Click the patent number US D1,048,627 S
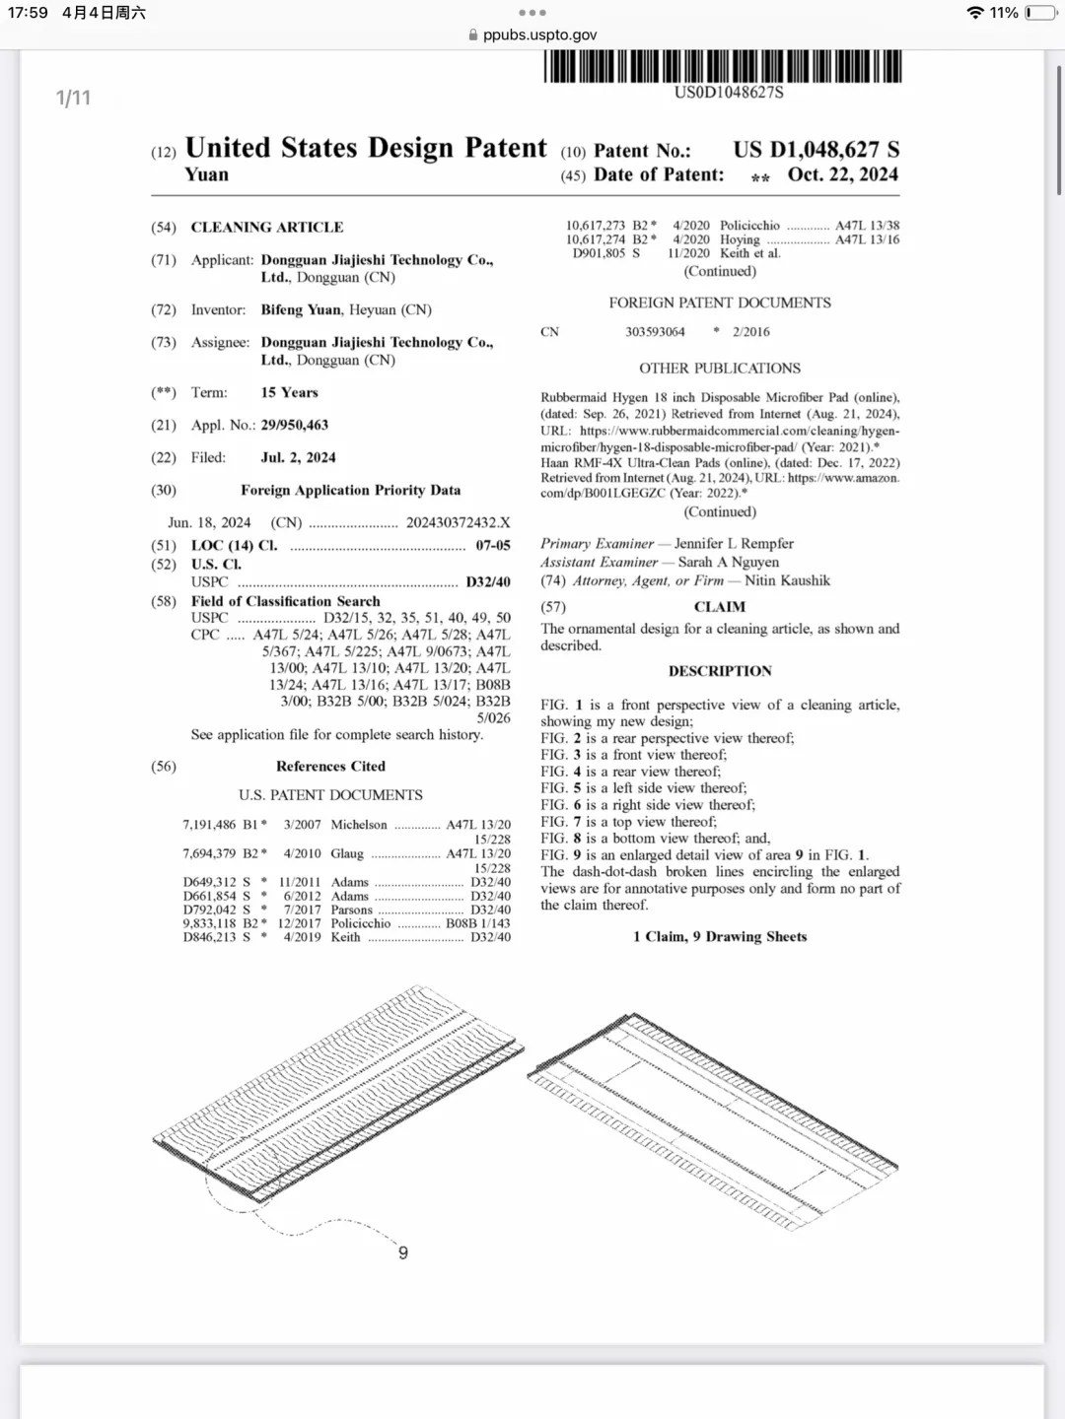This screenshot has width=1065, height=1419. click(816, 150)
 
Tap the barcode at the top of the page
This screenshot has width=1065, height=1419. click(723, 66)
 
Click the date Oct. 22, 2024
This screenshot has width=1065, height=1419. click(842, 174)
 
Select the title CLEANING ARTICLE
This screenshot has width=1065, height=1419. click(267, 227)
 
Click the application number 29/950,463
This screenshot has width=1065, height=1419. click(295, 425)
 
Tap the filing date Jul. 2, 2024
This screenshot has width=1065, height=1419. click(298, 457)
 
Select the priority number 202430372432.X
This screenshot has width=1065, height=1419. click(458, 522)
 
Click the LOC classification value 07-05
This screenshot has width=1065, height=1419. click(493, 545)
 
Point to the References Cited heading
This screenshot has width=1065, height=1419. click(330, 766)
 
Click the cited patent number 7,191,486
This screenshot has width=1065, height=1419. click(209, 825)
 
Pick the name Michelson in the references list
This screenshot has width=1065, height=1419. click(359, 825)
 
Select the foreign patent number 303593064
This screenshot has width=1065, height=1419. click(655, 332)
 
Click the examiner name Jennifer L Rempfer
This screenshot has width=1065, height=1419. click(734, 543)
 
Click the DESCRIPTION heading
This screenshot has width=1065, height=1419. click(720, 671)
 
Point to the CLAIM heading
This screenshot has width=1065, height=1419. click(720, 607)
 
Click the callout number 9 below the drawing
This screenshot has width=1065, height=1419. click(402, 1252)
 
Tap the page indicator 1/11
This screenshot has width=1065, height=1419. click(73, 98)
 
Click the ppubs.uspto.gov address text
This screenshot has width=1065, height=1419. click(540, 34)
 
